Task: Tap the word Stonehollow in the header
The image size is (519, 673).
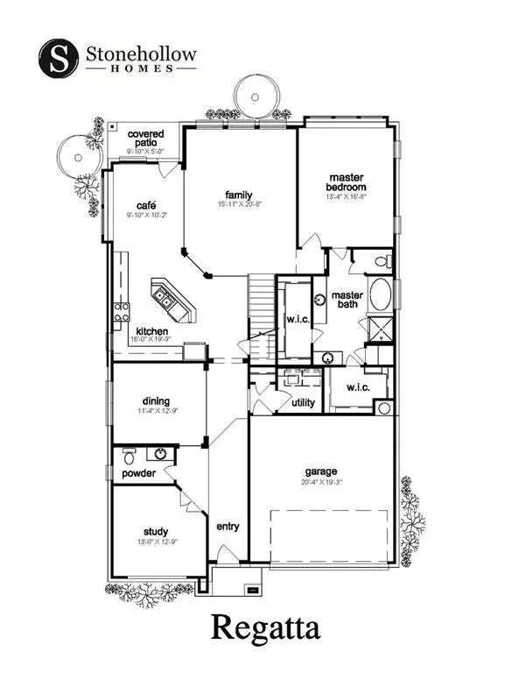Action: point(142,53)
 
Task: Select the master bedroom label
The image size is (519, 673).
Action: point(346,181)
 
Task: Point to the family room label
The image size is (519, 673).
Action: point(238,195)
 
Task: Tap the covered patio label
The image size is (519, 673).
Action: point(145,139)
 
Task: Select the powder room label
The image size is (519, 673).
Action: point(138,473)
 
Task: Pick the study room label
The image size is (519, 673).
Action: point(156,531)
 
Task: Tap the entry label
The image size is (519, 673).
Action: point(228,527)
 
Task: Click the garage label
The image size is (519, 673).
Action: point(322,471)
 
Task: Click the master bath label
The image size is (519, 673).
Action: point(347,301)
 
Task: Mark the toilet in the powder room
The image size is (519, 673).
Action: point(130,456)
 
